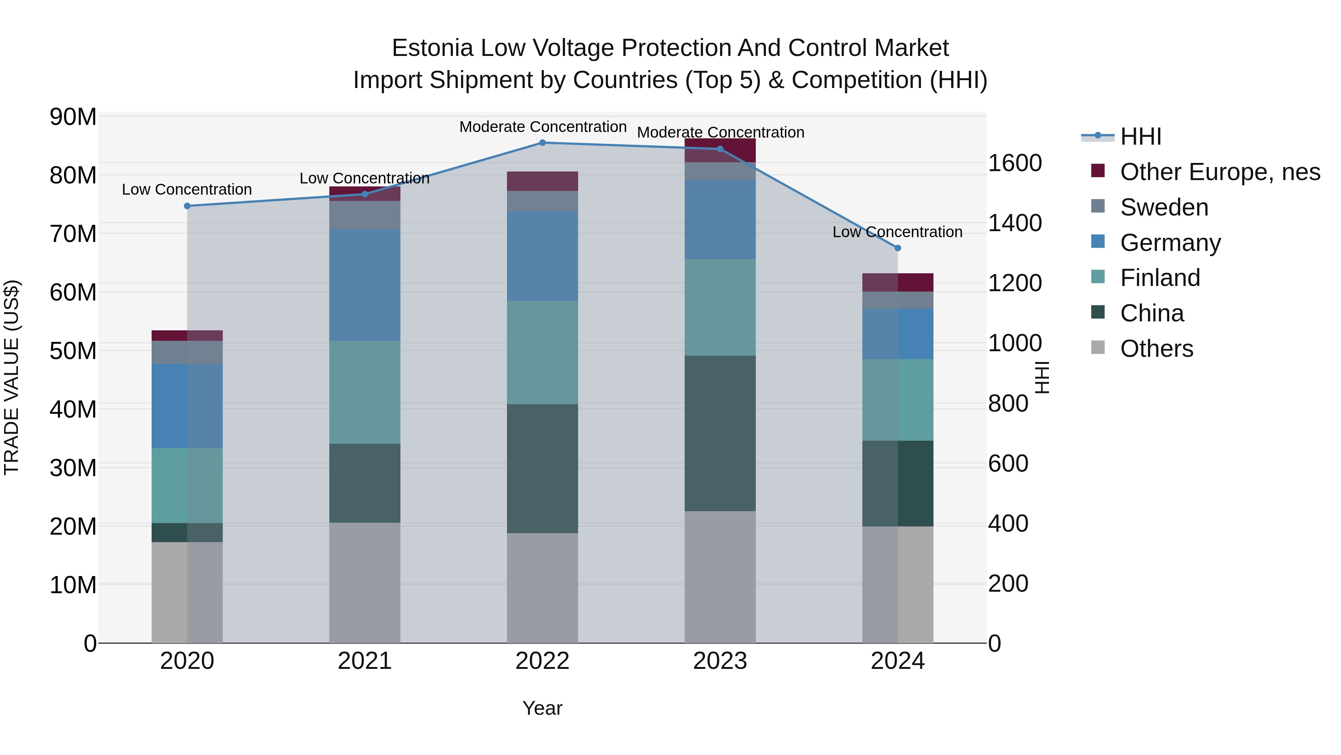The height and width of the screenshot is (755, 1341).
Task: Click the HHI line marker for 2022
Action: [542, 143]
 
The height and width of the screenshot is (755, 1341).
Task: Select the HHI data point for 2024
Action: [897, 248]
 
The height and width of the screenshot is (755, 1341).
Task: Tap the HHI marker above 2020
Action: [187, 206]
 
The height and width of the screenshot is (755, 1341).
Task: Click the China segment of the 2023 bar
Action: [720, 434]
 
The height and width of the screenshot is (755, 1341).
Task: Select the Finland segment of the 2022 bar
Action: [542, 353]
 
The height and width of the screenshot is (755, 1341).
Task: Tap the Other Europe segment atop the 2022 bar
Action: [542, 181]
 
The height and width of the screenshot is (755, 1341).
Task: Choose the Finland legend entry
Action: [1160, 278]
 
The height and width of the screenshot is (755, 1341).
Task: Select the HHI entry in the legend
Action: [1140, 136]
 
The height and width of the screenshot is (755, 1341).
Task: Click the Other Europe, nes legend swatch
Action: [1097, 171]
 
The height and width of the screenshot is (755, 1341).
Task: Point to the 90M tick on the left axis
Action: [73, 117]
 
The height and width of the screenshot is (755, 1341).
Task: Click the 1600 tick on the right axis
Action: [1015, 163]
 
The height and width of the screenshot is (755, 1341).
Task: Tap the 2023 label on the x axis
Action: [720, 661]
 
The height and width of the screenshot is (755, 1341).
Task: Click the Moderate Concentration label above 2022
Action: [542, 127]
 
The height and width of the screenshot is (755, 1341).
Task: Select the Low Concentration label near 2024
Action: [897, 232]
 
